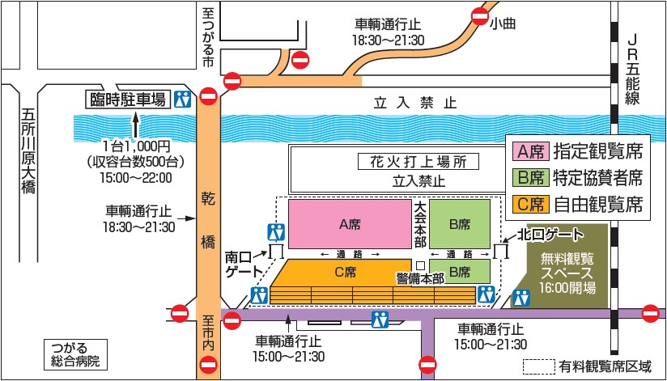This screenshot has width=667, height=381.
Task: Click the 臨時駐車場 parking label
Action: pos(127,99)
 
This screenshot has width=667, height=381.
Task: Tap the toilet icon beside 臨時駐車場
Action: pos(184,99)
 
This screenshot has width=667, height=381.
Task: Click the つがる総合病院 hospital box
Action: pos(72,354)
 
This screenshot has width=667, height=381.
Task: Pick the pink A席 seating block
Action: pos(350,222)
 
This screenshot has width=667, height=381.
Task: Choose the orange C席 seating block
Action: pos(344,273)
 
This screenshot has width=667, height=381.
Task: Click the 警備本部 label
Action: pos(420,277)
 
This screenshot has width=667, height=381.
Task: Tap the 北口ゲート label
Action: pos(553,235)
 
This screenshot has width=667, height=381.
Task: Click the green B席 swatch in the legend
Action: pos(531,177)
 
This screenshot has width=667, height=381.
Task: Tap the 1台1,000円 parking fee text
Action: pos(135,146)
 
